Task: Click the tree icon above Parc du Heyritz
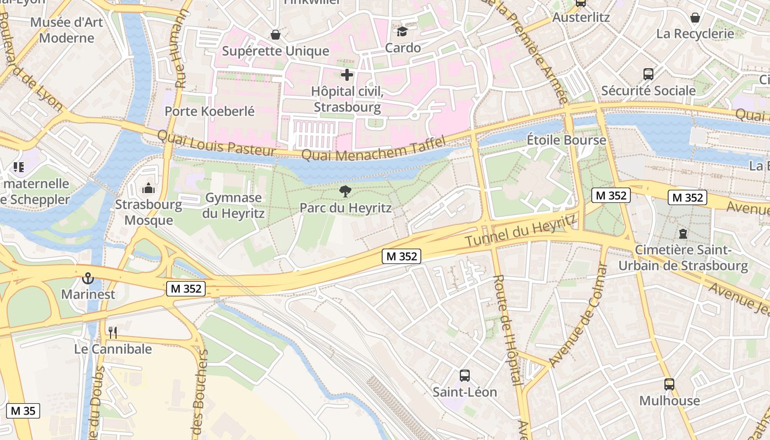345,191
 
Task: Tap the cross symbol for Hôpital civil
347,75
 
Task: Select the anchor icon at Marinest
88,278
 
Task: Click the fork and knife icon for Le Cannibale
113,332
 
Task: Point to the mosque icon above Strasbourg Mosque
148,189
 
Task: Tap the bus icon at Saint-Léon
465,376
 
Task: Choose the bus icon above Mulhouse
669,384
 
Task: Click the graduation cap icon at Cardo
403,31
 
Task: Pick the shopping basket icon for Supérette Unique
276,35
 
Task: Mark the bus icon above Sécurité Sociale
648,74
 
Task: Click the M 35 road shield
23,410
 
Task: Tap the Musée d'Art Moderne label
67,30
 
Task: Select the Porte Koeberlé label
210,111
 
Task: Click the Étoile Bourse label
566,140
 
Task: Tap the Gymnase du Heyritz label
233,206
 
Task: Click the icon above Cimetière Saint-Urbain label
683,234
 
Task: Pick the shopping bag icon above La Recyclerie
695,18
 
